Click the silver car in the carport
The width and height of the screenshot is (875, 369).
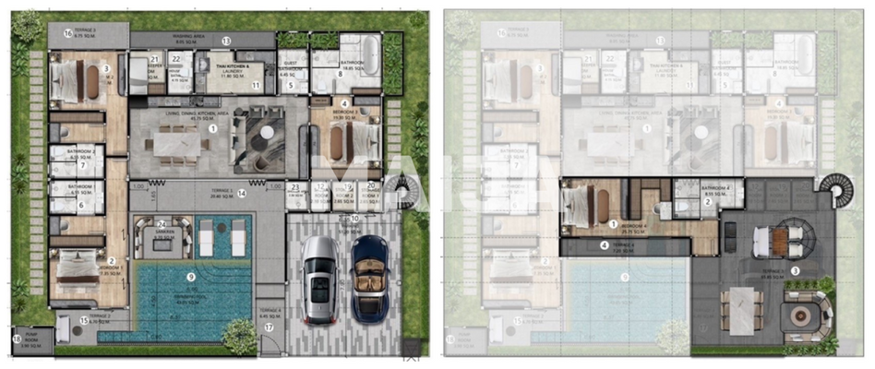pos(319,279)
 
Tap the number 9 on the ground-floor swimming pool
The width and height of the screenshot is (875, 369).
pos(191,276)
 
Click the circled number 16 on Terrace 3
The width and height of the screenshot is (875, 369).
pos(67,33)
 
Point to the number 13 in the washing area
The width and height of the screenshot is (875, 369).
pos(225,41)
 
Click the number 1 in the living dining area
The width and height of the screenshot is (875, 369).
pos(213,129)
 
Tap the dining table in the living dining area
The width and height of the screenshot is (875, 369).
pos(181,143)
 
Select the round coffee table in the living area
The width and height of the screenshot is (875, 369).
pos(266,132)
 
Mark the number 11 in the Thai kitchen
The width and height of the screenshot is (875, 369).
pos(257,85)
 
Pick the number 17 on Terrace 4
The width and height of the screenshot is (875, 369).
pos(270,327)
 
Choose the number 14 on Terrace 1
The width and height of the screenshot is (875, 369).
pos(241,194)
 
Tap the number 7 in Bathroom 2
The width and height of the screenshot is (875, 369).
pos(82,165)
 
